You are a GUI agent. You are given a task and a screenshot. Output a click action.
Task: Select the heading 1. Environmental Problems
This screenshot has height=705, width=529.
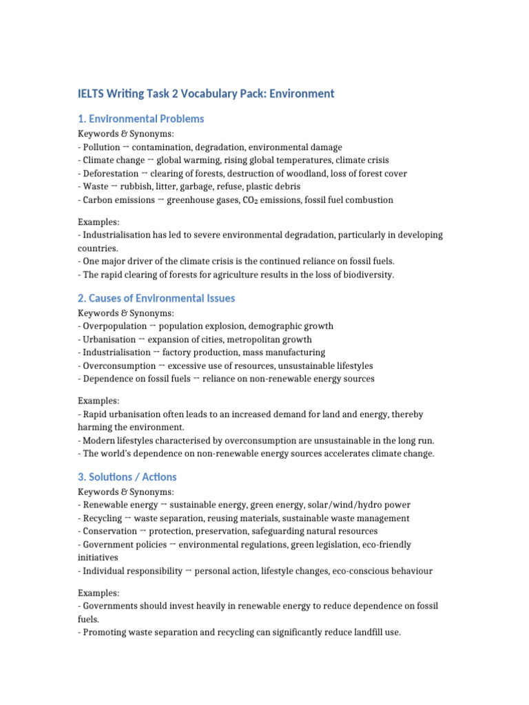pos(141,118)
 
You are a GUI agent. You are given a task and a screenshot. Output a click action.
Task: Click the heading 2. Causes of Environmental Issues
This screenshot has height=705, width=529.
pos(156,298)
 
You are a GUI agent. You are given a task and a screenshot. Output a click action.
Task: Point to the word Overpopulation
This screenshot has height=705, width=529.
pos(114,326)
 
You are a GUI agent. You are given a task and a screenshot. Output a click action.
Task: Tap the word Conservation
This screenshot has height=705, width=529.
pos(107,531)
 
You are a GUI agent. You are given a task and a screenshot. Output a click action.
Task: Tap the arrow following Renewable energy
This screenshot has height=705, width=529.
pos(164,505)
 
